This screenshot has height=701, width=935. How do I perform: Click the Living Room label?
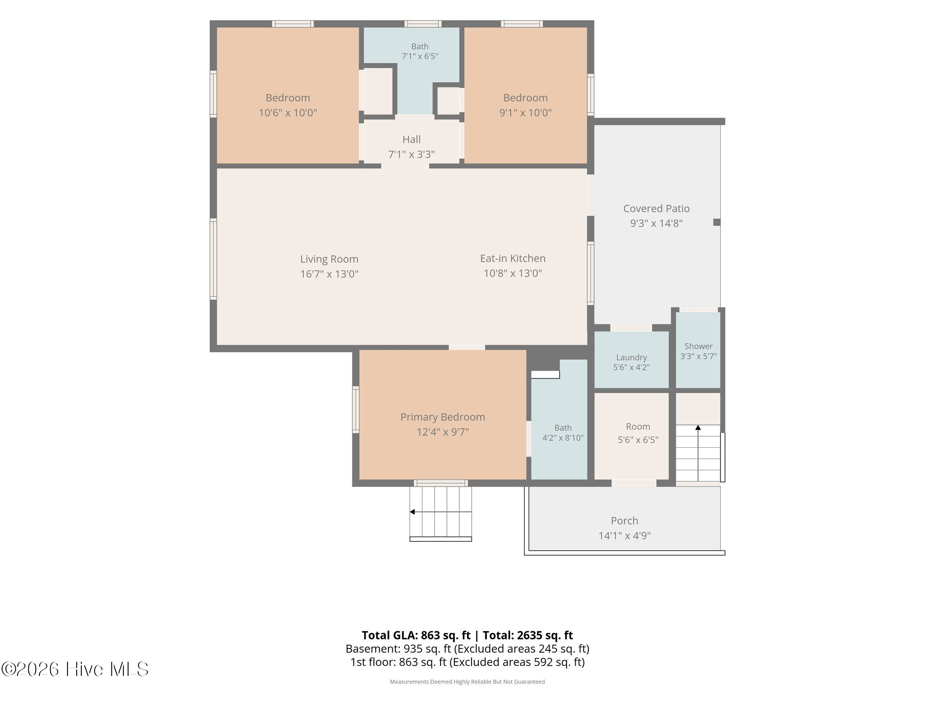tap(329, 259)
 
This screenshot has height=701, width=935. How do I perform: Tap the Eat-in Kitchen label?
tap(513, 258)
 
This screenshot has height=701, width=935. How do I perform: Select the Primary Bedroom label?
tap(442, 417)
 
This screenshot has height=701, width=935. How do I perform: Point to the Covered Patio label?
tap(656, 209)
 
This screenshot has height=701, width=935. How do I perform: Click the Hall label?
tap(411, 139)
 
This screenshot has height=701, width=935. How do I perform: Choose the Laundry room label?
tap(631, 358)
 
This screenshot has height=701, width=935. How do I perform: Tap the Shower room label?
tap(698, 346)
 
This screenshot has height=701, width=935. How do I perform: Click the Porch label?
tap(625, 521)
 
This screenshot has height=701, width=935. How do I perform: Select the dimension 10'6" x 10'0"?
tap(288, 113)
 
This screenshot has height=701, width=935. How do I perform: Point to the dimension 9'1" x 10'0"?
tap(525, 113)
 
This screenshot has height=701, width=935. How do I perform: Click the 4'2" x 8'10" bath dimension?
tap(563, 438)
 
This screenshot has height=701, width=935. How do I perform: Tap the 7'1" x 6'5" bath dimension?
tap(420, 57)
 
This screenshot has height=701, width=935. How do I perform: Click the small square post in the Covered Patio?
tap(717, 222)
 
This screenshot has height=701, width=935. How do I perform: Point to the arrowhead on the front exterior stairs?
tap(412, 512)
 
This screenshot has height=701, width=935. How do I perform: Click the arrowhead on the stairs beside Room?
tap(698, 428)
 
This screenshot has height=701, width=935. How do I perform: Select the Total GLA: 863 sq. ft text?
tap(416, 635)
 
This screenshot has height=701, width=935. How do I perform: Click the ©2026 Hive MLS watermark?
tap(75, 670)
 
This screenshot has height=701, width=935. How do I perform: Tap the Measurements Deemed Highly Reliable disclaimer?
tap(467, 682)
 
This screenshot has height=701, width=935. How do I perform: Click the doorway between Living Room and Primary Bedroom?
tap(467, 348)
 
